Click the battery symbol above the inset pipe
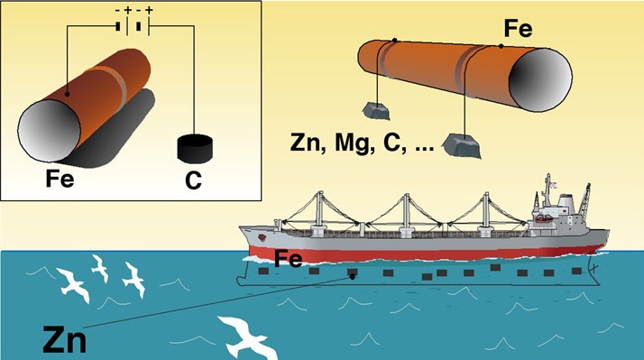click(x=133, y=26)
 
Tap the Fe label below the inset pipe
click(x=60, y=180)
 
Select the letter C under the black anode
click(x=193, y=180)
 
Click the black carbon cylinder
click(x=195, y=148)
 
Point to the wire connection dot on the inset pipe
click(x=67, y=95)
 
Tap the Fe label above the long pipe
click(x=518, y=29)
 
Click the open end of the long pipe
click(x=540, y=78)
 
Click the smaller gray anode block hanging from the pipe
click(x=376, y=111)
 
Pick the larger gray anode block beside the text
click(x=461, y=146)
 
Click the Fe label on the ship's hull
click(x=288, y=259)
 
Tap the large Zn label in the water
click(x=65, y=339)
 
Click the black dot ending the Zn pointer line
click(x=353, y=277)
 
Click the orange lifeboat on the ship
click(x=544, y=219)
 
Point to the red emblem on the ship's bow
click(x=262, y=237)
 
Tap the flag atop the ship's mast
click(x=553, y=185)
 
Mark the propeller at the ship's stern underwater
click(x=593, y=269)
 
